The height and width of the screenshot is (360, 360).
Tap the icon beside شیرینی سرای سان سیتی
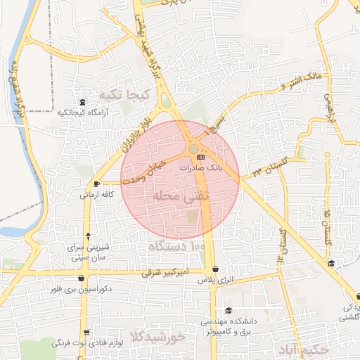(87, 236)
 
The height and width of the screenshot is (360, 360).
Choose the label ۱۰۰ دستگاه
(176, 247)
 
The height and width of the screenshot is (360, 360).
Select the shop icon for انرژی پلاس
(214, 269)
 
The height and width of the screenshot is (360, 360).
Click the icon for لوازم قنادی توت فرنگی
(86, 332)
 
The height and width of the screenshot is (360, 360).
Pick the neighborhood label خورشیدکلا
(157, 337)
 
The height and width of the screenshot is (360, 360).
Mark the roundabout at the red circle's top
(193, 148)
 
